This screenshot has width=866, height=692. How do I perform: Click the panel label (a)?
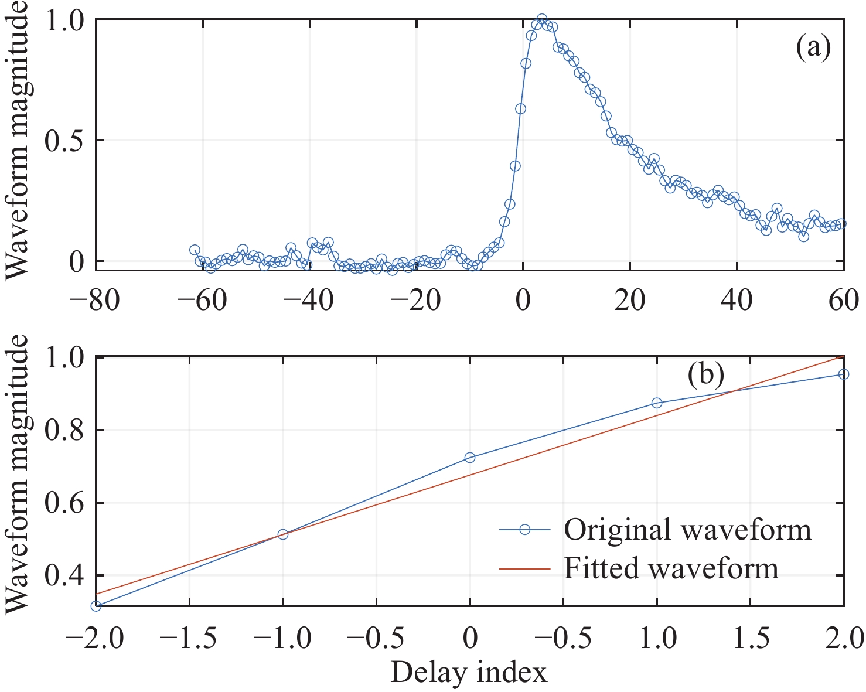(813, 49)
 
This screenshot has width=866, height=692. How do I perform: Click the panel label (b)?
(705, 374)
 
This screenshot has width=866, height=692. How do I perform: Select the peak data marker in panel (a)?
(542, 19)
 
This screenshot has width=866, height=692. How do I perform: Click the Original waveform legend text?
(687, 530)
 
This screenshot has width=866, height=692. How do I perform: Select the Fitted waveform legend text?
(671, 568)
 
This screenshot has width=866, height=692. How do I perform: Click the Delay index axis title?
(469, 673)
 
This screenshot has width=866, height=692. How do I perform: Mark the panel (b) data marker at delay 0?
(469, 458)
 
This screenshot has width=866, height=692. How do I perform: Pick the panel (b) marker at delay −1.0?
(282, 534)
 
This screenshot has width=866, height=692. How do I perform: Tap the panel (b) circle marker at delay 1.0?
(657, 403)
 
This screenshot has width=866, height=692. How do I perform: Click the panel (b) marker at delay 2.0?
(844, 374)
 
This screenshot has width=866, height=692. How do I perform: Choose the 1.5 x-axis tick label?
(751, 638)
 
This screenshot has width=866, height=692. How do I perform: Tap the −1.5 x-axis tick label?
(189, 638)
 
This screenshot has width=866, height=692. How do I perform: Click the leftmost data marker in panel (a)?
(195, 250)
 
